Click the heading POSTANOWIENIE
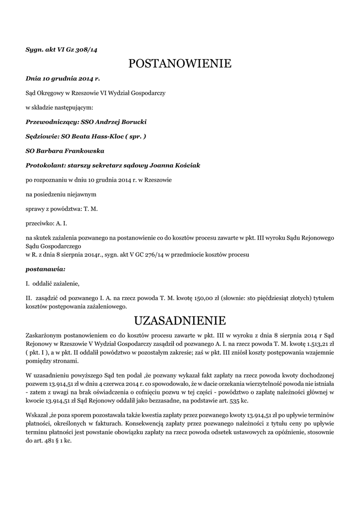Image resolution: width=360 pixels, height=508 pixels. [180, 64]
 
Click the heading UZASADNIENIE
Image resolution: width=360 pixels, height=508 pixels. [180, 318]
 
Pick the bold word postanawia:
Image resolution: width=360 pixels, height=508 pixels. [45, 269]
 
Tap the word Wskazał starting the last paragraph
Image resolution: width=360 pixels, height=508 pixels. [38, 414]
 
